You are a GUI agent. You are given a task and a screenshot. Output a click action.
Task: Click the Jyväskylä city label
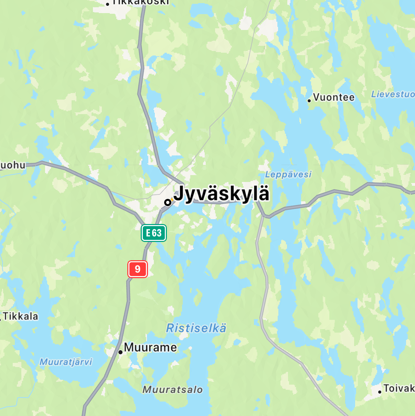[x=221, y=194]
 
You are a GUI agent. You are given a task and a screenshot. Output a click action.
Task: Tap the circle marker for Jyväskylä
[x=168, y=202]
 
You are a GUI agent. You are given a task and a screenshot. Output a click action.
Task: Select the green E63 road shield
[x=154, y=233]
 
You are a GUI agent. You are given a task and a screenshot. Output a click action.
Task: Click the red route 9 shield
[x=138, y=269]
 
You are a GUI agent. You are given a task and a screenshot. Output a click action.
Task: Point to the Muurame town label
[x=150, y=347]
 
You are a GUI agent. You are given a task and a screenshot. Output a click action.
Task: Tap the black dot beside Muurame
[x=120, y=352]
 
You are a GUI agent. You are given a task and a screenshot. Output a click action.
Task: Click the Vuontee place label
[x=334, y=98]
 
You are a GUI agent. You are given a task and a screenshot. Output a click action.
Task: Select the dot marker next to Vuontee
[x=309, y=101]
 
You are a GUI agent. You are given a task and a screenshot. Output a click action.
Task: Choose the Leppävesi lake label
[x=288, y=174]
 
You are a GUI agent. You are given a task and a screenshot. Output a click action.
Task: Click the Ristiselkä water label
[x=196, y=328]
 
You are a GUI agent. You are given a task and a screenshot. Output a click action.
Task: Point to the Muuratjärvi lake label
[x=66, y=362]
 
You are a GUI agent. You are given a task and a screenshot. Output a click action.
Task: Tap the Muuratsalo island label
[x=173, y=390]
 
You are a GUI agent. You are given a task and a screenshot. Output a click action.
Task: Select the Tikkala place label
[x=21, y=316]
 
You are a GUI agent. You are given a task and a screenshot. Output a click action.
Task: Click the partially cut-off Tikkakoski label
[x=141, y=2]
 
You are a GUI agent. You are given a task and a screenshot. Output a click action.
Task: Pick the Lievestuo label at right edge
[x=393, y=94]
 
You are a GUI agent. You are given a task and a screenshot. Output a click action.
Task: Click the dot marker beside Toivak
[x=380, y=392]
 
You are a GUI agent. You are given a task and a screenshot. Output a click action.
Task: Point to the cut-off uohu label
[x=13, y=165]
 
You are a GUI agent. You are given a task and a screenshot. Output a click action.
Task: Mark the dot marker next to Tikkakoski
[x=107, y=4]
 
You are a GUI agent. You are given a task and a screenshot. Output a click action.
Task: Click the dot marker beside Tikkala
[x=0, y=320]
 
